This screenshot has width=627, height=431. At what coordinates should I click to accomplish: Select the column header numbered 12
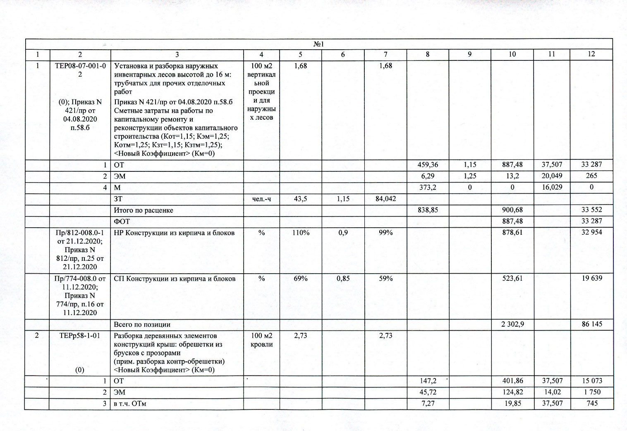tap(591, 54)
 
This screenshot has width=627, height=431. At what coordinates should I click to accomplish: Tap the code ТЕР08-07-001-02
tap(80, 70)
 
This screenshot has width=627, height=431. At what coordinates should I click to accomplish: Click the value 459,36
tap(428, 165)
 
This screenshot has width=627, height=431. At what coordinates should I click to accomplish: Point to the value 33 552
tap(591, 210)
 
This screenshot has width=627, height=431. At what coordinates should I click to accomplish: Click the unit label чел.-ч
tap(261, 199)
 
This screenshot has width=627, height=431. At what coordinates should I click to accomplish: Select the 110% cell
tap(301, 233)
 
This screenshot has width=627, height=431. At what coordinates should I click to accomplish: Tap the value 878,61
tap(512, 233)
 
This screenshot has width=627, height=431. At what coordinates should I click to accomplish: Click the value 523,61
tap(512, 279)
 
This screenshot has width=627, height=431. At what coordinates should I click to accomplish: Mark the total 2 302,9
tap(512, 324)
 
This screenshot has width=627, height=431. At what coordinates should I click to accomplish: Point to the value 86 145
tap(591, 324)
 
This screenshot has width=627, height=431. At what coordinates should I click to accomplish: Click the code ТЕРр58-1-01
tap(80, 336)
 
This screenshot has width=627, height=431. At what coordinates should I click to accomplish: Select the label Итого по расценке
tap(143, 210)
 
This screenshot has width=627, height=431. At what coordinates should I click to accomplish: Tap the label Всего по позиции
tap(142, 325)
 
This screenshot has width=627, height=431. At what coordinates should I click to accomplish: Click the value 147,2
tap(428, 381)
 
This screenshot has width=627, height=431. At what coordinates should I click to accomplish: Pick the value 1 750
tap(591, 392)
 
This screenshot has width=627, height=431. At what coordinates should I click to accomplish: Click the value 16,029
tap(552, 187)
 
